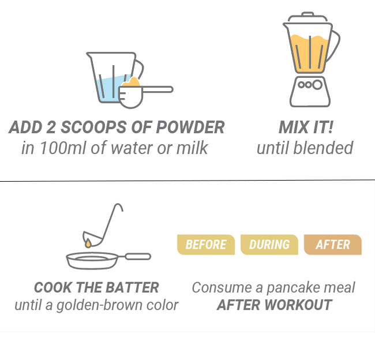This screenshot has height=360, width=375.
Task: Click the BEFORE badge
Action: click(206, 245)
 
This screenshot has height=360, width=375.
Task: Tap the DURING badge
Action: click(269, 245)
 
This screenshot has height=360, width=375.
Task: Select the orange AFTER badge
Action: click(333, 245)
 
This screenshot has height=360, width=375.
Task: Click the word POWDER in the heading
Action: click(190, 127)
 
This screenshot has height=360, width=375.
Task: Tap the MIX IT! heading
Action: click(306, 127)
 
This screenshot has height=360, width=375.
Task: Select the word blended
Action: click(323, 148)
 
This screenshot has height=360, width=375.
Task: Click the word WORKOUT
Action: click(298, 305)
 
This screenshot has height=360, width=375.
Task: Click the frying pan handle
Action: click(138, 256)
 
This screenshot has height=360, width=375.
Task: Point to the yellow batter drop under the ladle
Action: click(88, 243)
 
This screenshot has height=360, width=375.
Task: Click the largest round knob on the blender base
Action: click(317, 85)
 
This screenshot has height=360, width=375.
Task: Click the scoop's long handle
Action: click(157, 89)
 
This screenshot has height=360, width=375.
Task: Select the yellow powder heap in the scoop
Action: click(131, 82)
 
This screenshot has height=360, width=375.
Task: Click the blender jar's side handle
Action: click(334, 45)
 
